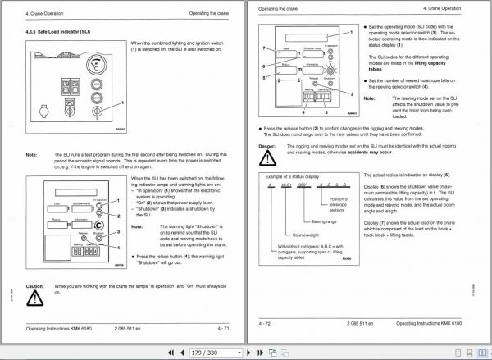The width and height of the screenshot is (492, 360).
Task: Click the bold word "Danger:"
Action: (x=267, y=146)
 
